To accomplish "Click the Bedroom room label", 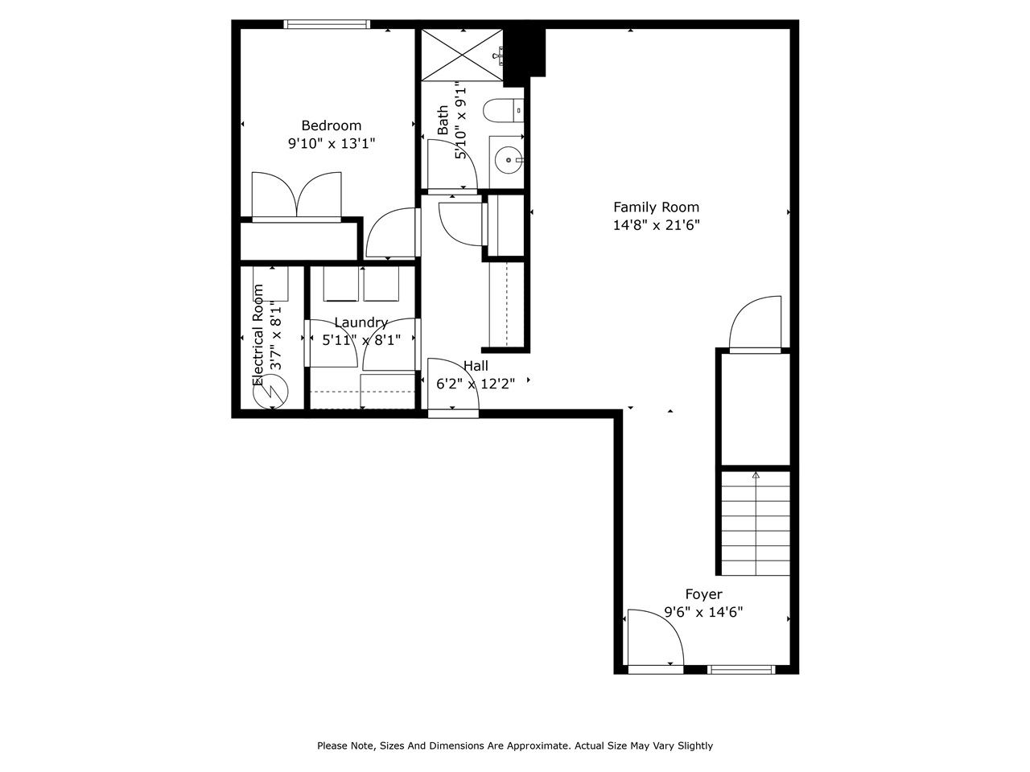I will point(331,125).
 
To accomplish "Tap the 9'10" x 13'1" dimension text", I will point(332,144).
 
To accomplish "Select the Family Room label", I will point(656,207).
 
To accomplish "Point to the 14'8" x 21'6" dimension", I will point(656,226).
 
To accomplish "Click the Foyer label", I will point(703,594).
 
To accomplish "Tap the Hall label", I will point(476,366).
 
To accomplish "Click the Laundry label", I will point(360,322).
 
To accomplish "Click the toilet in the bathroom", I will point(504,110).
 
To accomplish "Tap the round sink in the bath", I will point(509,160).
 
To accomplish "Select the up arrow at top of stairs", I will point(755,476).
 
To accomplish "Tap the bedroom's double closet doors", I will point(297,195).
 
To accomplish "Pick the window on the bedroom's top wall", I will point(327,24).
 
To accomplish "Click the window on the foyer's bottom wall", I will point(741,669).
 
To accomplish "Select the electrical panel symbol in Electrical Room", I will point(270,393).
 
